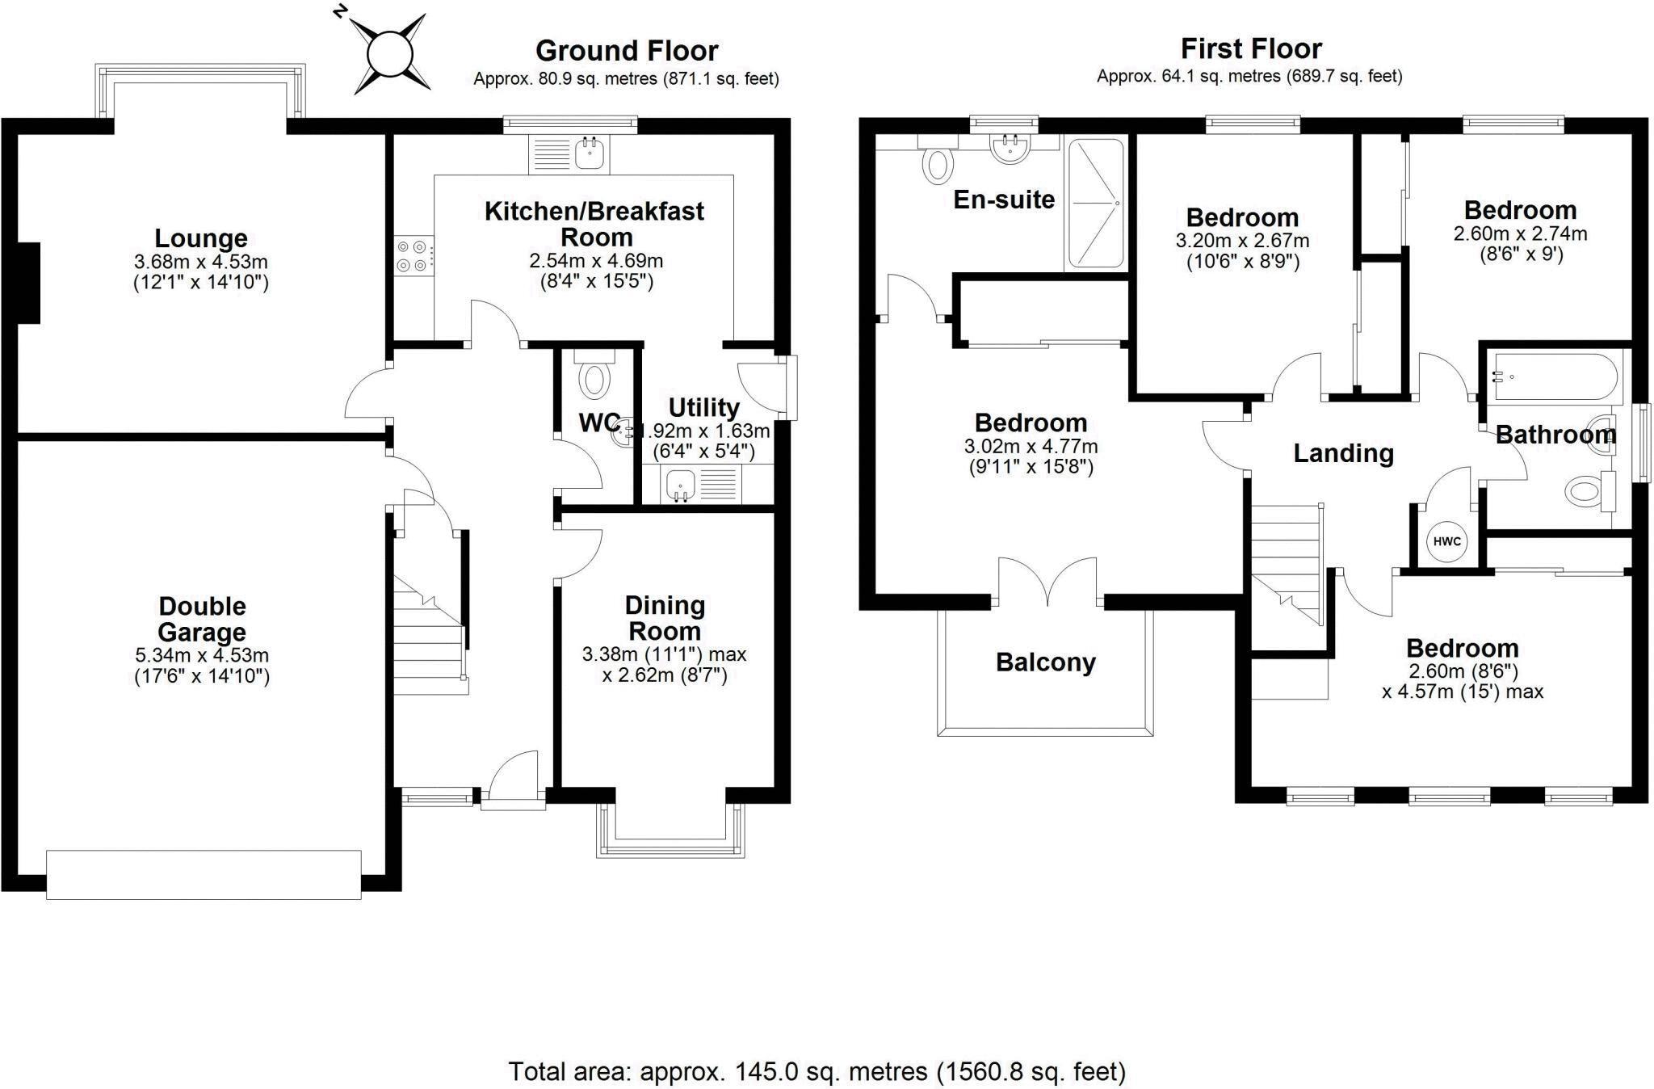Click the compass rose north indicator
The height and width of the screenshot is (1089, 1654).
point(390,54)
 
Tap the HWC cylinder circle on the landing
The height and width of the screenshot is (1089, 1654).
point(1447,541)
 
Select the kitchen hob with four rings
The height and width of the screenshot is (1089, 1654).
point(413,256)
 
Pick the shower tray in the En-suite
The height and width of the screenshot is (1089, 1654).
point(1095,204)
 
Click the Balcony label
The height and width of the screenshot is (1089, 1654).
point(1045,662)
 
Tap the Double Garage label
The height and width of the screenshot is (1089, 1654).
point(202,619)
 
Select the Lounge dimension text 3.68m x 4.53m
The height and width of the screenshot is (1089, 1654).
point(201,263)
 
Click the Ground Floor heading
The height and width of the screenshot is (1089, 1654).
point(627,51)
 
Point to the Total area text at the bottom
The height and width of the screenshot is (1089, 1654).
point(817,1071)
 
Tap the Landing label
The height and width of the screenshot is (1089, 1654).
point(1343,453)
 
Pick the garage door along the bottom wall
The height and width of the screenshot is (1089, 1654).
point(204,874)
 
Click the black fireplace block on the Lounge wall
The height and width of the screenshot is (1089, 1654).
point(29,283)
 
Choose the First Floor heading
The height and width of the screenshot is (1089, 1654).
point(1250,49)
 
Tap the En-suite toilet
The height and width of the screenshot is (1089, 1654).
point(937,165)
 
